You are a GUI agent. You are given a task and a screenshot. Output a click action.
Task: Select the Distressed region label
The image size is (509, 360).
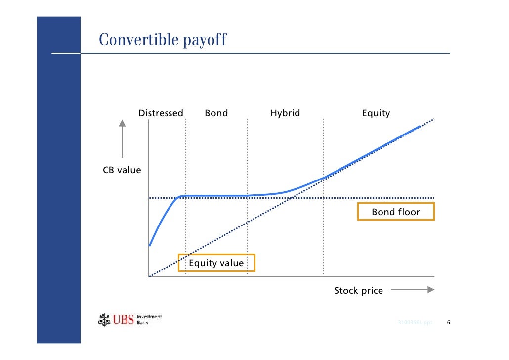click(161, 113)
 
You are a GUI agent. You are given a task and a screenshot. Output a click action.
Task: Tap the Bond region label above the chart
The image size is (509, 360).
click(216, 113)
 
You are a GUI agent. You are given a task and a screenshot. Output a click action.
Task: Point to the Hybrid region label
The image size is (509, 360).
click(285, 113)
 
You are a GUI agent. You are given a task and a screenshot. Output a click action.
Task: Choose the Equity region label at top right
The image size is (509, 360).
click(376, 113)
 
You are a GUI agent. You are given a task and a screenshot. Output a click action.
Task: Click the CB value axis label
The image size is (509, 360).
click(122, 170)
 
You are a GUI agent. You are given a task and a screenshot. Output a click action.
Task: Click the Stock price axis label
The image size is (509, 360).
click(358, 291)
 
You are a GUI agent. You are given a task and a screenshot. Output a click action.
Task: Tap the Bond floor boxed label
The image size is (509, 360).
click(396, 212)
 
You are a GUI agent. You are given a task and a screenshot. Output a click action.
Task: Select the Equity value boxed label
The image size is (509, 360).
click(216, 263)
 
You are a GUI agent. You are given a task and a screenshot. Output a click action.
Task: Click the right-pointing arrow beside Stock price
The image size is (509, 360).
click(412, 290)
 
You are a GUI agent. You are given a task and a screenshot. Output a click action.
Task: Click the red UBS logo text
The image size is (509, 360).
click(124, 320)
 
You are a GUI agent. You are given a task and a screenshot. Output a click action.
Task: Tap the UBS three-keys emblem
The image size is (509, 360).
click(104, 320)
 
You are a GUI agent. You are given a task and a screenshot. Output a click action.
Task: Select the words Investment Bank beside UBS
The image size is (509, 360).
click(149, 319)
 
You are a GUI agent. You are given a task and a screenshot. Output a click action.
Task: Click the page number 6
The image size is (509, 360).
click(448, 323)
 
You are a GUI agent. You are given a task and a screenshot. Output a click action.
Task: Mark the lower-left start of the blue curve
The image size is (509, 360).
click(150, 245)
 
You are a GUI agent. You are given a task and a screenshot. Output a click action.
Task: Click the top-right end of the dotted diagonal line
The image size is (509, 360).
click(433, 119)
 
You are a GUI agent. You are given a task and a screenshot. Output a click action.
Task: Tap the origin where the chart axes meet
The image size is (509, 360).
click(149, 276)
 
